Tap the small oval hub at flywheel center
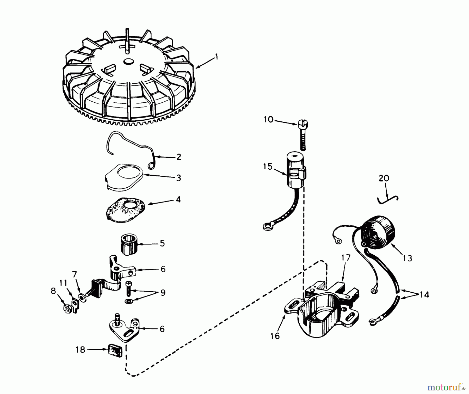pos(128,61)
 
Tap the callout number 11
pos(63,283)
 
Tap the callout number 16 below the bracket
pos(275,336)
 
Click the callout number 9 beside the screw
pos(163,293)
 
